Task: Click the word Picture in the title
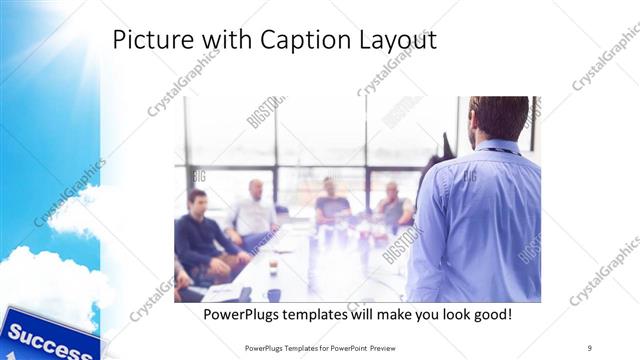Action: (x=146, y=40)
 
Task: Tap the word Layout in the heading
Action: (x=401, y=41)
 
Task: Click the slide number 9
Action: (x=590, y=347)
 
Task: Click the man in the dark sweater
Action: (x=200, y=235)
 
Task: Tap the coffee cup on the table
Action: (x=273, y=266)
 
